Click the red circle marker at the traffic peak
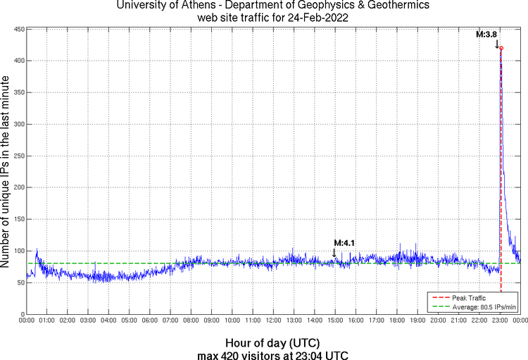point(501,48)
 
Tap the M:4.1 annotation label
point(344,243)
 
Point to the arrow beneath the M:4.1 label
point(334,252)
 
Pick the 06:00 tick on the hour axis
point(149,321)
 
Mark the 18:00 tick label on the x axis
point(396,321)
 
